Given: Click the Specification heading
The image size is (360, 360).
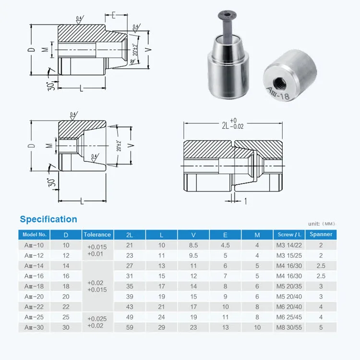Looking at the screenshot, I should (48, 219).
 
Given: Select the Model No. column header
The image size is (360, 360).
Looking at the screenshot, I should (34, 235).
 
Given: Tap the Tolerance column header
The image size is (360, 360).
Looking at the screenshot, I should (97, 235).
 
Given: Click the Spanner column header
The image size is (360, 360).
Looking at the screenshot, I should (321, 235).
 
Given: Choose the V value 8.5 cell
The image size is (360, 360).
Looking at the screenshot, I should (193, 245).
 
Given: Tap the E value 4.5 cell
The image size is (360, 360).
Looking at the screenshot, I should (226, 245).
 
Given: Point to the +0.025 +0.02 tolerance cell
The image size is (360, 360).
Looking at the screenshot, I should (97, 322).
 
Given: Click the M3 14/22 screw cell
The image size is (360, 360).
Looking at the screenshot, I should (289, 245).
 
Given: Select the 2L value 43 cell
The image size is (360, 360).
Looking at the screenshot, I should (130, 306).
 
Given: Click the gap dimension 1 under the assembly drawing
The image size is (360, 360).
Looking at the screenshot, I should (246, 202).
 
